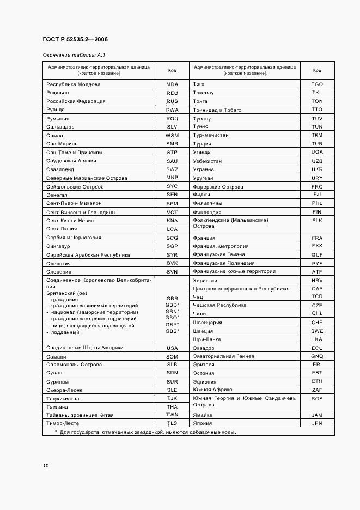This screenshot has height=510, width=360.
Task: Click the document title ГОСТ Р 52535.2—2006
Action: pos(74,39)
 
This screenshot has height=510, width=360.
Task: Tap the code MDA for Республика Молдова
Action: pos(172,84)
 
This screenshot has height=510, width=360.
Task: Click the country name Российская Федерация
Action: pos(76,101)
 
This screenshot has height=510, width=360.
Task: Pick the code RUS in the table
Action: pos(172,101)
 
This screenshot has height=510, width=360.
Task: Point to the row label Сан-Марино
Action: pos(62,144)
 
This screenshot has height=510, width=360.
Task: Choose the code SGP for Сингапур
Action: pos(172,246)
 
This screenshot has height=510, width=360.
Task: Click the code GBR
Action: pos(172,299)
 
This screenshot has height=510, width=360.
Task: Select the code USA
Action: pos(172,348)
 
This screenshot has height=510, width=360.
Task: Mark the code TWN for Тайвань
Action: pos(172,415)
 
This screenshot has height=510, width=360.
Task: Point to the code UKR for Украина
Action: pos(317,169)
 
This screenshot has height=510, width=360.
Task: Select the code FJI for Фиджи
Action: pos(317,195)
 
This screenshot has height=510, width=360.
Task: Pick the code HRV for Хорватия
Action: pos(317,280)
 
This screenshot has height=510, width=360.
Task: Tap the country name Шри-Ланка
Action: pos(207,339)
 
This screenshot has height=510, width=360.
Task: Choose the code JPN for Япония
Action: pos(317,423)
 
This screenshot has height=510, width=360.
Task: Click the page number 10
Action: pos(46,466)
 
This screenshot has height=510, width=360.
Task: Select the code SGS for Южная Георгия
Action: pos(317,399)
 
